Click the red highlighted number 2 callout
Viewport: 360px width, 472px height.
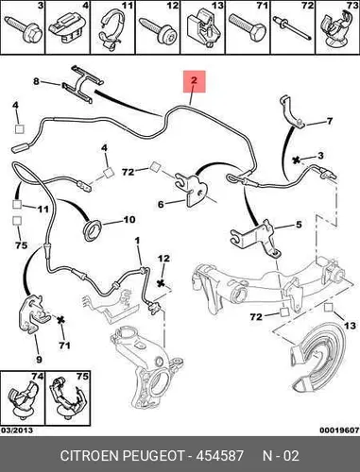click(x=195, y=81)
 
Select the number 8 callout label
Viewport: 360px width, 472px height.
click(x=37, y=81)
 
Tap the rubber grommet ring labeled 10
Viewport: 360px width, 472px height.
click(x=93, y=228)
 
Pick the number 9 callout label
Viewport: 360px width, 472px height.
click(x=39, y=359)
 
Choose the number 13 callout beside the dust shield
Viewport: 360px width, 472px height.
click(x=350, y=326)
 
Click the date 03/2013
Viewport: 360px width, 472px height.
click(x=17, y=430)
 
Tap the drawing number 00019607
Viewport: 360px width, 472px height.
click(x=339, y=430)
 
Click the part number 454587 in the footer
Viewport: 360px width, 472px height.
click(x=219, y=455)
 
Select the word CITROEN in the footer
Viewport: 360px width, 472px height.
click(x=89, y=455)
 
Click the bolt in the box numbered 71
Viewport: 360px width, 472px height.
click(x=248, y=31)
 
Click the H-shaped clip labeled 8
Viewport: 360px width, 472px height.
click(x=82, y=83)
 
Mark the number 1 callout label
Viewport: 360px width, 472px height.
click(x=137, y=241)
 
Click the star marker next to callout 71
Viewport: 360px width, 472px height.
click(x=60, y=320)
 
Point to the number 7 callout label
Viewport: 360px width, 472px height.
click(x=330, y=121)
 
